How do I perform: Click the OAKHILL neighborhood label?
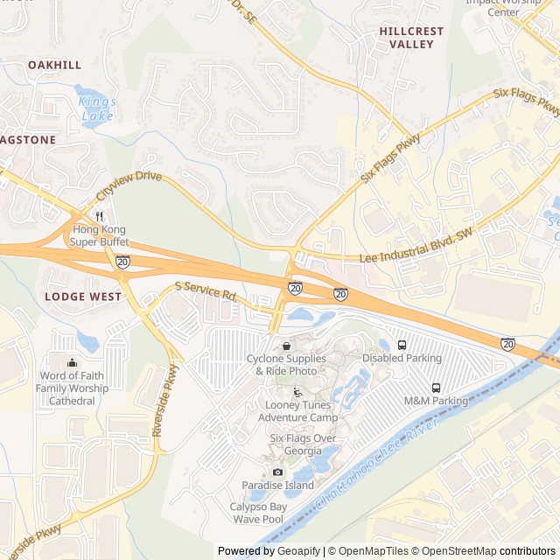[54, 65]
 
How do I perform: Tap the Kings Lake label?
[97, 108]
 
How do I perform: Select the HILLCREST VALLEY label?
[411, 37]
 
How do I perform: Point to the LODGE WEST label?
[83, 297]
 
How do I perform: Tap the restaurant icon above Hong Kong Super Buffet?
[100, 216]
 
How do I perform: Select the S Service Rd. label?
[206, 291]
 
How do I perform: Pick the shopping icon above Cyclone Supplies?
[286, 346]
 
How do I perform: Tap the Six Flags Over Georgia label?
[303, 444]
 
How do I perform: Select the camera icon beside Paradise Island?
[278, 472]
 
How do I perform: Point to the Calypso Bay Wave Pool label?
[257, 513]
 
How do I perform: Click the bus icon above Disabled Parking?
[402, 345]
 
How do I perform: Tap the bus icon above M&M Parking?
[436, 388]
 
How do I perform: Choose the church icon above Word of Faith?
[72, 363]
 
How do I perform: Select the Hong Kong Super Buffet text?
[100, 234]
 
